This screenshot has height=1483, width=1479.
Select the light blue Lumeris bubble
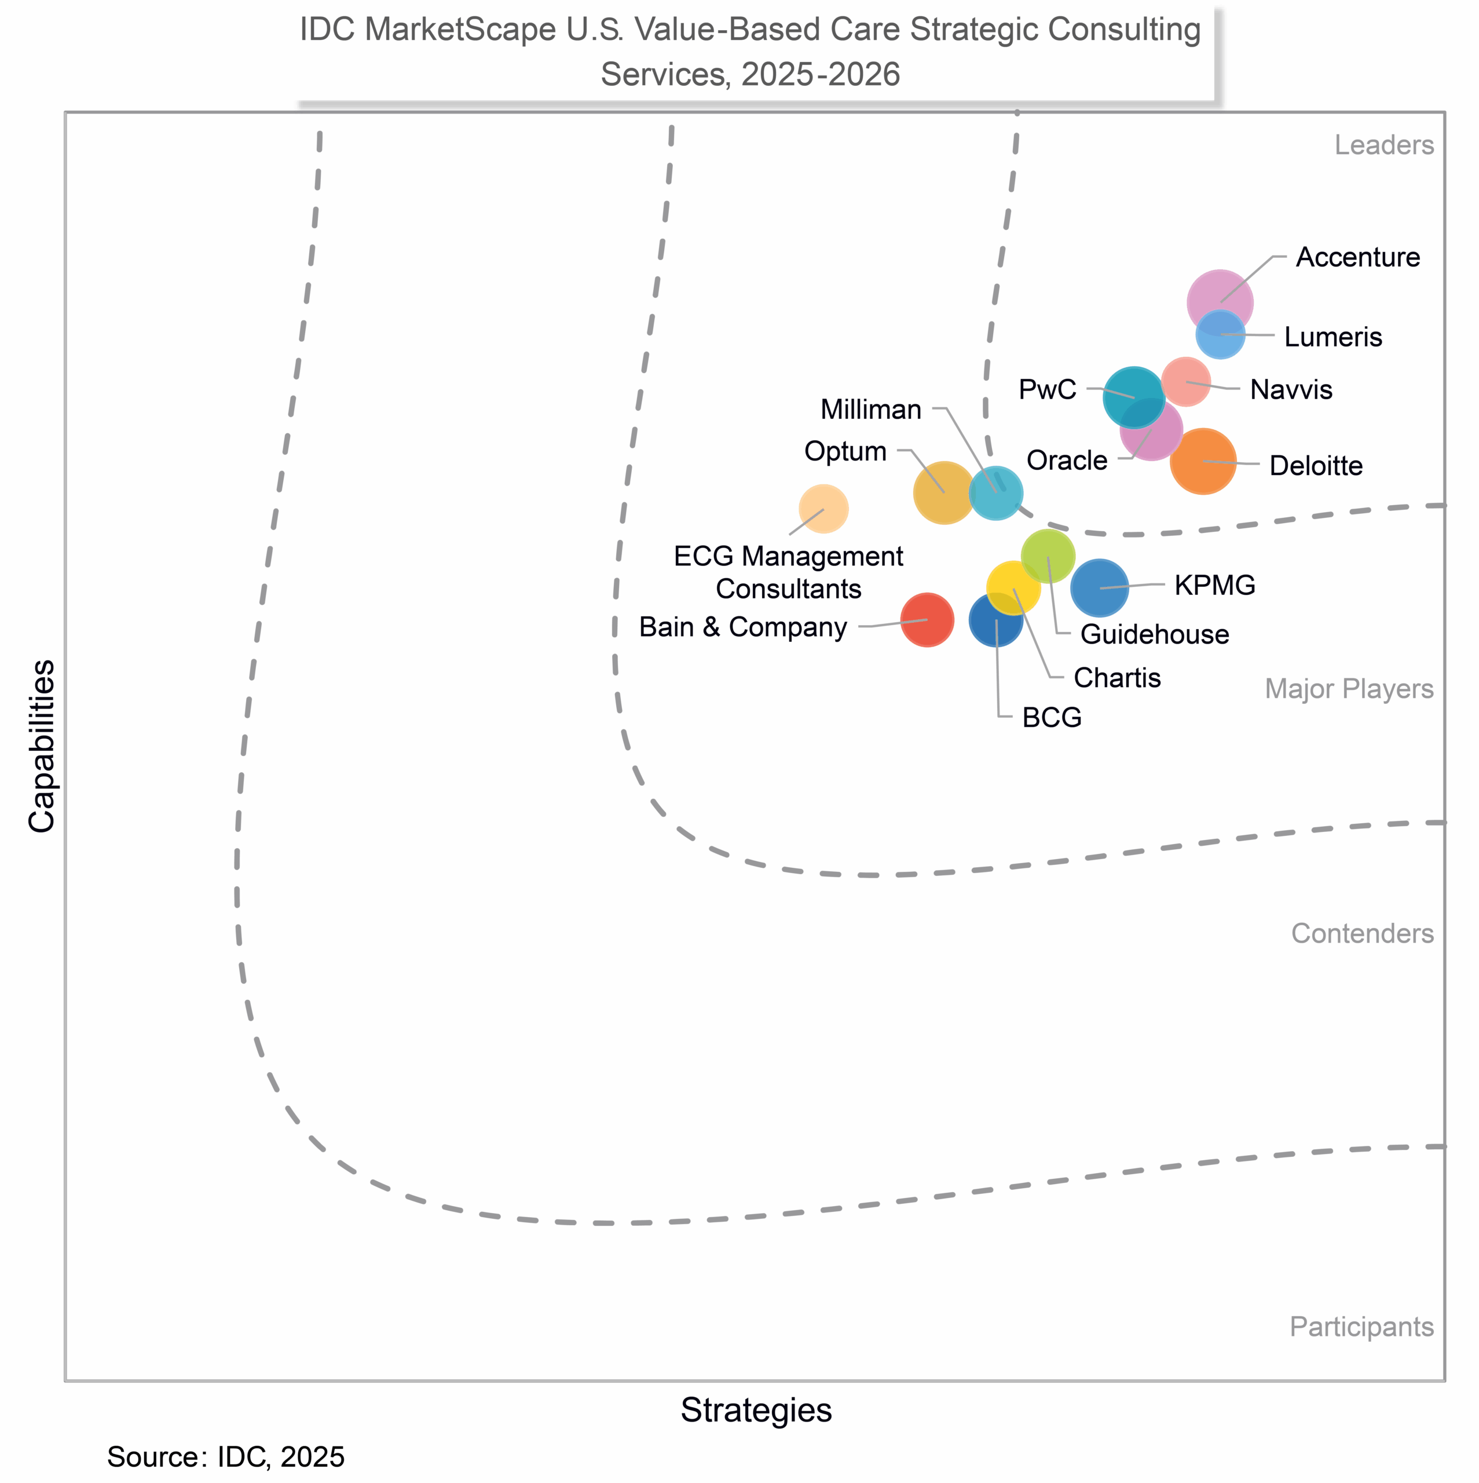click(1220, 335)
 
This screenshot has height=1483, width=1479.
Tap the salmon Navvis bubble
click(1186, 382)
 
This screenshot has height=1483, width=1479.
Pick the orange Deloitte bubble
click(1203, 461)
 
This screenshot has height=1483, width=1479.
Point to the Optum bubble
click(944, 493)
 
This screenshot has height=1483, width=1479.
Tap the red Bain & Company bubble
click(927, 619)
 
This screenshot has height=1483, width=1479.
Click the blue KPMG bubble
click(1099, 588)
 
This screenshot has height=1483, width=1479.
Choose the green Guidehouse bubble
click(1048, 554)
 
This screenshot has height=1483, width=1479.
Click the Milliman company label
click(870, 410)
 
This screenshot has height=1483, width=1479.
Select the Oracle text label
click(1067, 461)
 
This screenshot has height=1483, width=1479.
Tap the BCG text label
click(1052, 718)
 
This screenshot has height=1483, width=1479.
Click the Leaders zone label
click(1383, 145)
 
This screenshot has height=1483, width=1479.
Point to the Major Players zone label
click(1349, 689)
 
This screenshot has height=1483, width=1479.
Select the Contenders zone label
click(1361, 933)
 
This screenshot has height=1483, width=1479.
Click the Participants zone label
click(1361, 1327)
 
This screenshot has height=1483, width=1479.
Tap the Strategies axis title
click(756, 1410)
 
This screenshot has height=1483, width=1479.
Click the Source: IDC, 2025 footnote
click(226, 1457)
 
